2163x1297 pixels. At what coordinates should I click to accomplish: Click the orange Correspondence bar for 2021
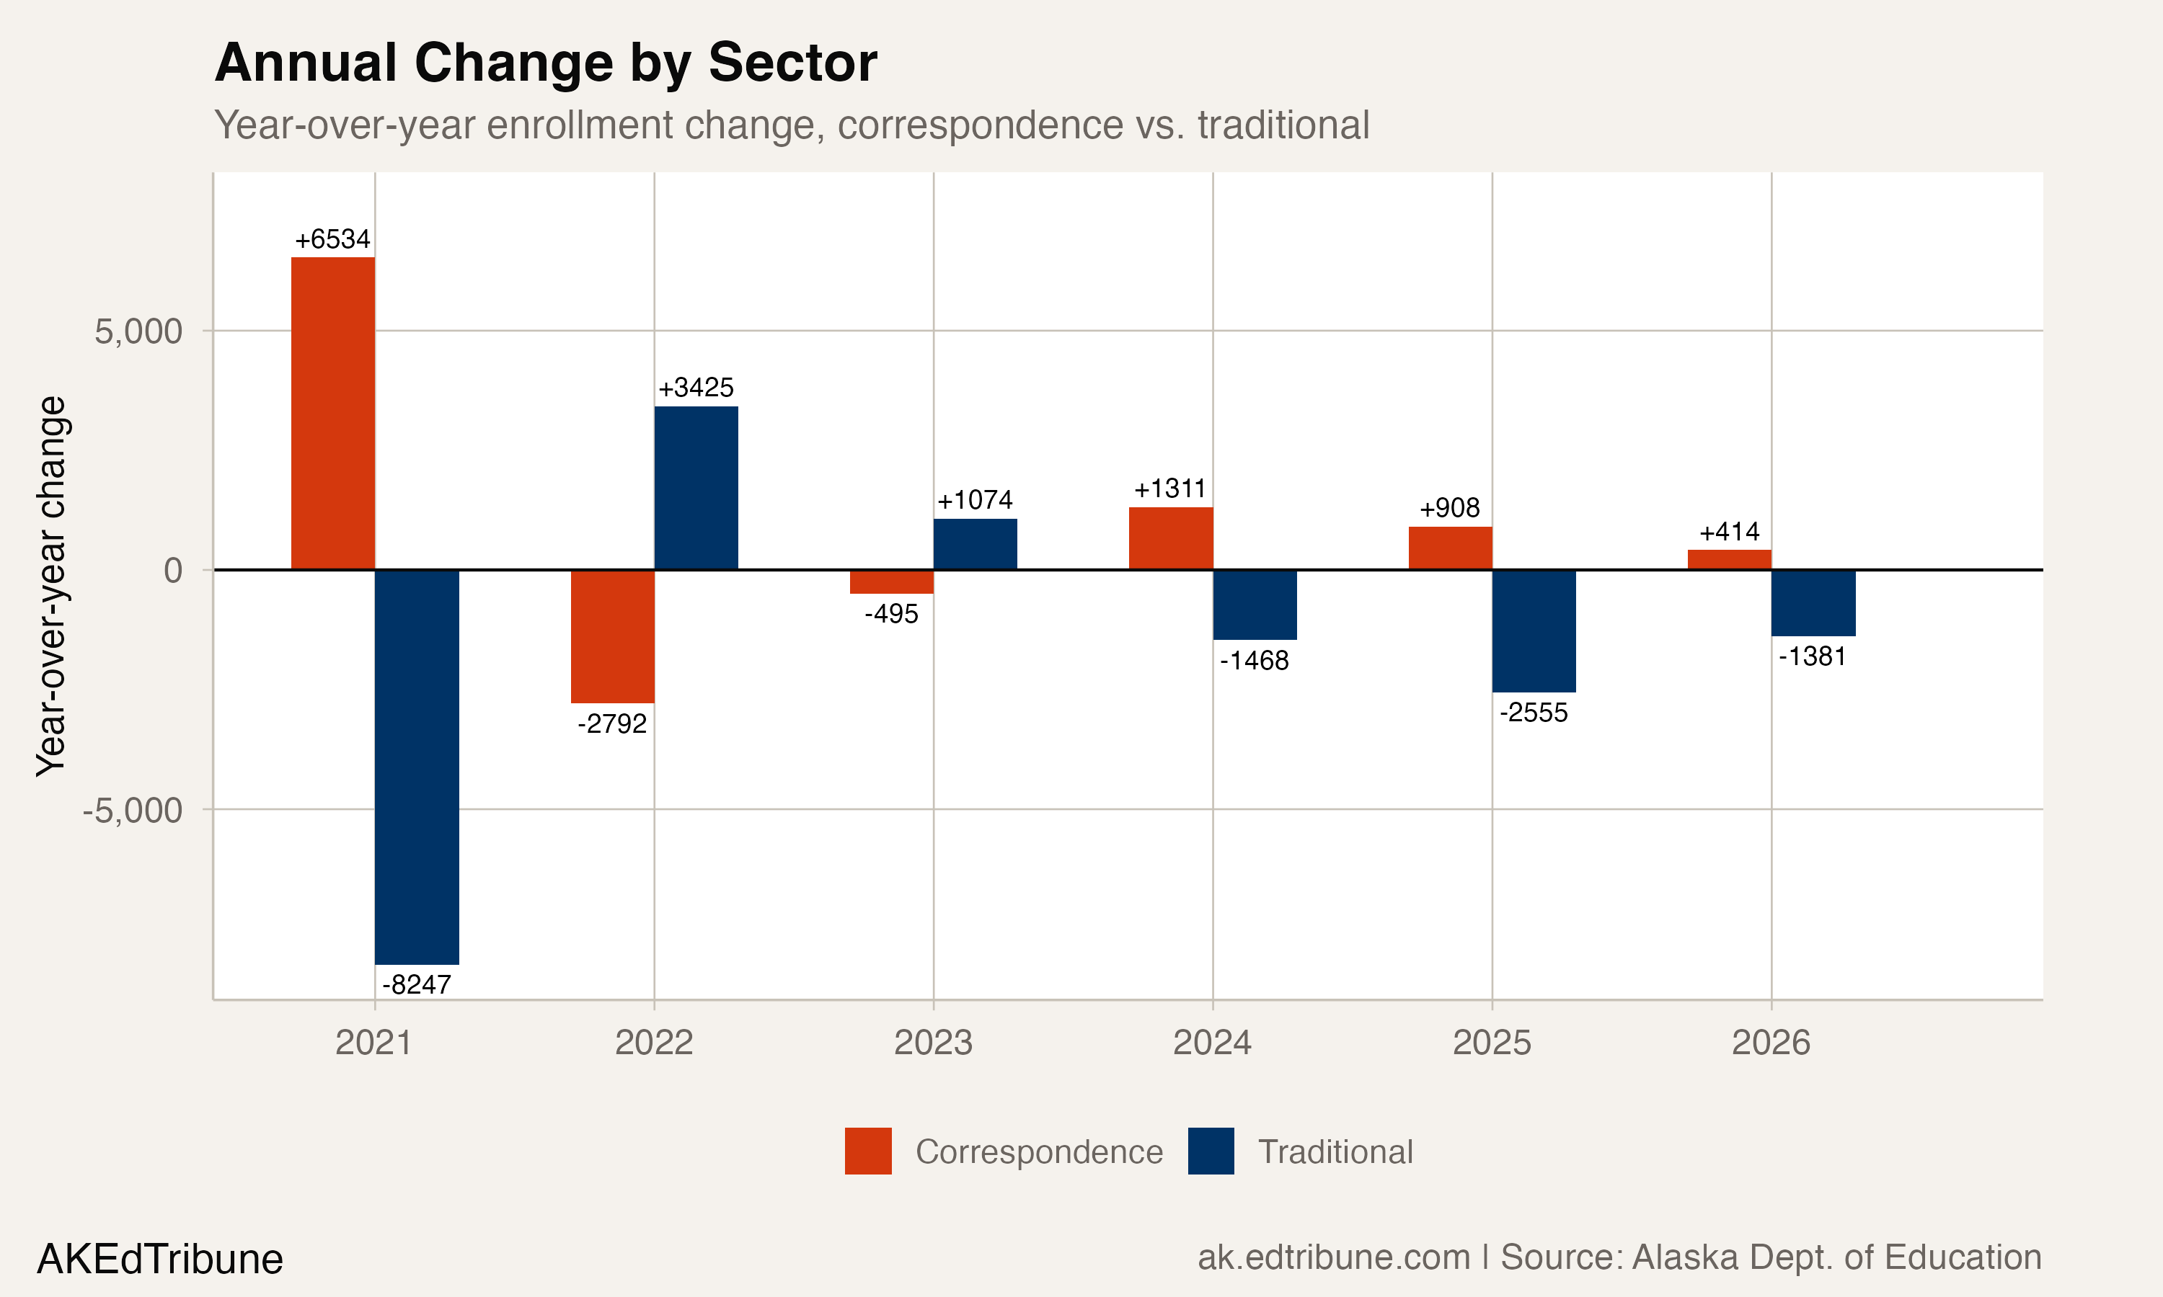click(332, 413)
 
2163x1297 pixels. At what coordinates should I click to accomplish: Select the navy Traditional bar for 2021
click(416, 767)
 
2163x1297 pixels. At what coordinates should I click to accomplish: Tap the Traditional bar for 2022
click(696, 488)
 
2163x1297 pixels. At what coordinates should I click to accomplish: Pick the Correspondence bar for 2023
click(891, 581)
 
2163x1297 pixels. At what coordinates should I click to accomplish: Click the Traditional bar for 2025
click(1534, 630)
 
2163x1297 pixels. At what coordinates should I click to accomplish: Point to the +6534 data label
click(332, 239)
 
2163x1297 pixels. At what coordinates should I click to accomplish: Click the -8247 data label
click(416, 984)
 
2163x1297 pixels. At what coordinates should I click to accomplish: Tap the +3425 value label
click(696, 387)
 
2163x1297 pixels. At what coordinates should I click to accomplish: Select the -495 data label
click(891, 613)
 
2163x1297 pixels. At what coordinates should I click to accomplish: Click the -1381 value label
click(1813, 656)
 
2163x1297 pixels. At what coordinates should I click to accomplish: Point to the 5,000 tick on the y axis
click(138, 331)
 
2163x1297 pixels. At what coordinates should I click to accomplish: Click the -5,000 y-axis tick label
click(132, 810)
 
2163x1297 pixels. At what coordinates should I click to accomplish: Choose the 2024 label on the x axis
click(1212, 1043)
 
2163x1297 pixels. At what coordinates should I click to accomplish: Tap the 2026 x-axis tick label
click(1771, 1043)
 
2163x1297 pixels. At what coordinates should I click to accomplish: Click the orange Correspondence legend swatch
click(867, 1151)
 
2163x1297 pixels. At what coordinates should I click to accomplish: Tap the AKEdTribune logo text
click(160, 1260)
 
